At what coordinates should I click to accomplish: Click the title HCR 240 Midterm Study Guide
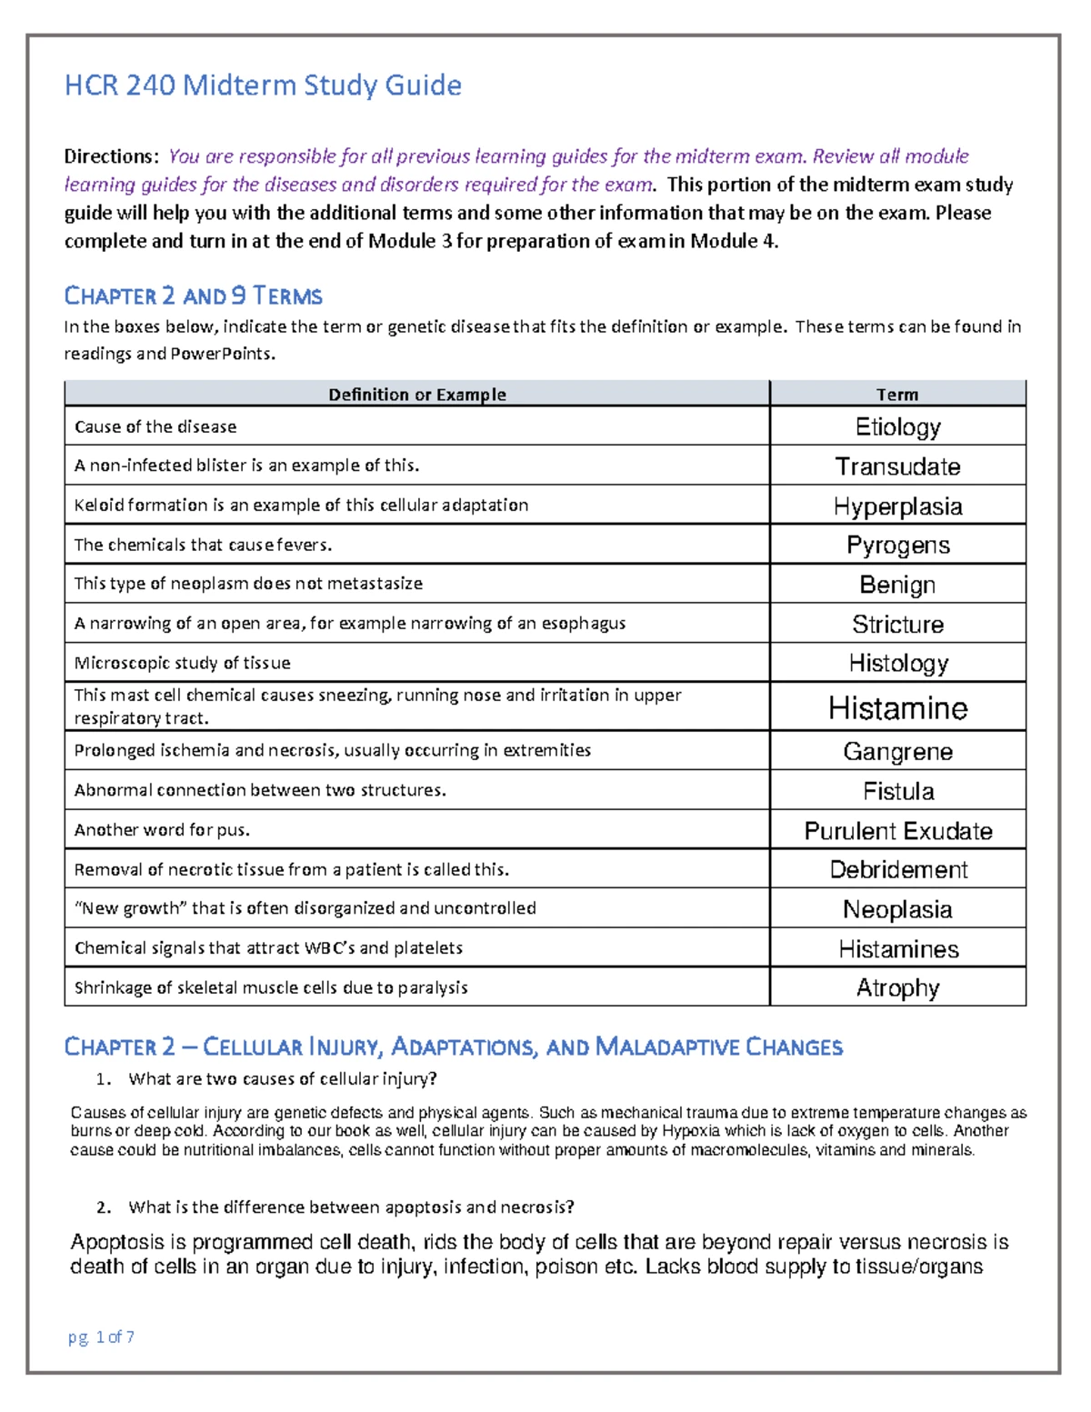pyautogui.click(x=263, y=85)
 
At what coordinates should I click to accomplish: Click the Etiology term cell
pyautogui.click(x=897, y=426)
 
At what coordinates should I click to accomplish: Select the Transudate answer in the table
pyautogui.click(x=897, y=466)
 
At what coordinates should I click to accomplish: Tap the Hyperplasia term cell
pyautogui.click(x=897, y=506)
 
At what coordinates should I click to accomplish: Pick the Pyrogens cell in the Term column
pyautogui.click(x=897, y=546)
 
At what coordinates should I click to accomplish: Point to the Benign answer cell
pyautogui.click(x=897, y=585)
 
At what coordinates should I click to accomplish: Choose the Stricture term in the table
pyautogui.click(x=897, y=625)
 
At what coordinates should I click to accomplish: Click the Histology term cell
pyautogui.click(x=897, y=664)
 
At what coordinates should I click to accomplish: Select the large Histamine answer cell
pyautogui.click(x=897, y=708)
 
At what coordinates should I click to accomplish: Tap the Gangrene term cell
pyautogui.click(x=897, y=752)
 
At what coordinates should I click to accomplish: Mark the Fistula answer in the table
pyautogui.click(x=897, y=791)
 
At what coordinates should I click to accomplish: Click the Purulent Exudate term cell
pyautogui.click(x=897, y=831)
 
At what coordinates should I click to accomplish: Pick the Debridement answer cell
pyautogui.click(x=897, y=870)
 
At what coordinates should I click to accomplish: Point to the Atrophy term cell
pyautogui.click(x=897, y=988)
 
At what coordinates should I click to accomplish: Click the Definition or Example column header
pyautogui.click(x=416, y=395)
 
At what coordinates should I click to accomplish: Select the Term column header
pyautogui.click(x=897, y=395)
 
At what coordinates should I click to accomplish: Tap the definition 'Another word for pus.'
pyautogui.click(x=162, y=830)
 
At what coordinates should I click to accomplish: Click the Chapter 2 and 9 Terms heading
pyautogui.click(x=193, y=296)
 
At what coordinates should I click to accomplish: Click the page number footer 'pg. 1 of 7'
pyautogui.click(x=101, y=1337)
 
